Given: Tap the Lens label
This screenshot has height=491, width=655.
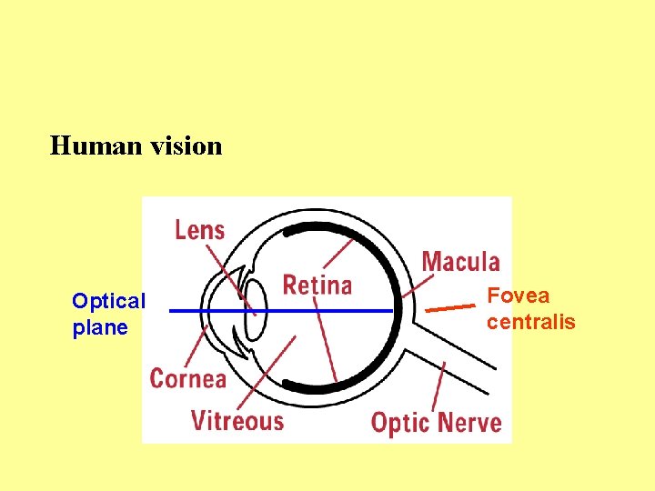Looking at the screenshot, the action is [199, 229].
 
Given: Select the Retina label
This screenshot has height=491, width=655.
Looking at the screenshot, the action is [317, 285].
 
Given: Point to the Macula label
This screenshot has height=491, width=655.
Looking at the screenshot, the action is [460, 262].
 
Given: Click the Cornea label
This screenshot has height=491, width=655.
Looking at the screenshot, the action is [187, 377].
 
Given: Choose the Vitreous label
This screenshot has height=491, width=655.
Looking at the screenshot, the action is [237, 421].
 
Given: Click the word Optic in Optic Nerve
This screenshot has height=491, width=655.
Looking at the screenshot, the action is [401, 423].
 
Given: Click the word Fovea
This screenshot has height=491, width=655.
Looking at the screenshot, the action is [519, 296].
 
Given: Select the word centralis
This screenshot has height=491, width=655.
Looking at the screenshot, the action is [530, 322].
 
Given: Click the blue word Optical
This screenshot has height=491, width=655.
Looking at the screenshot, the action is [108, 301].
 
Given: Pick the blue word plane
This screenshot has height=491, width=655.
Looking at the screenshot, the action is [100, 327].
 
